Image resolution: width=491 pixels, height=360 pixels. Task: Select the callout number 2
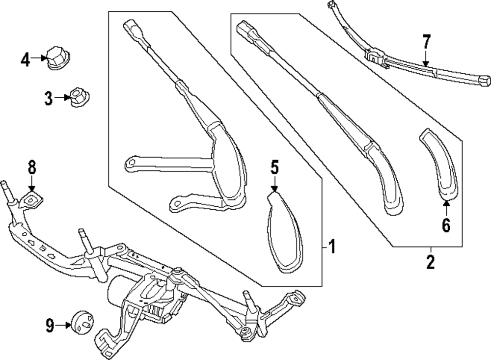point(430,262)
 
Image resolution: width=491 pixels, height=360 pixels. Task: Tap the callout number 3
point(48,98)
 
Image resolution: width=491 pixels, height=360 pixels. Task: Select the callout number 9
point(50,325)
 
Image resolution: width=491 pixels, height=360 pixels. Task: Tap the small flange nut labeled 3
point(77,96)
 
